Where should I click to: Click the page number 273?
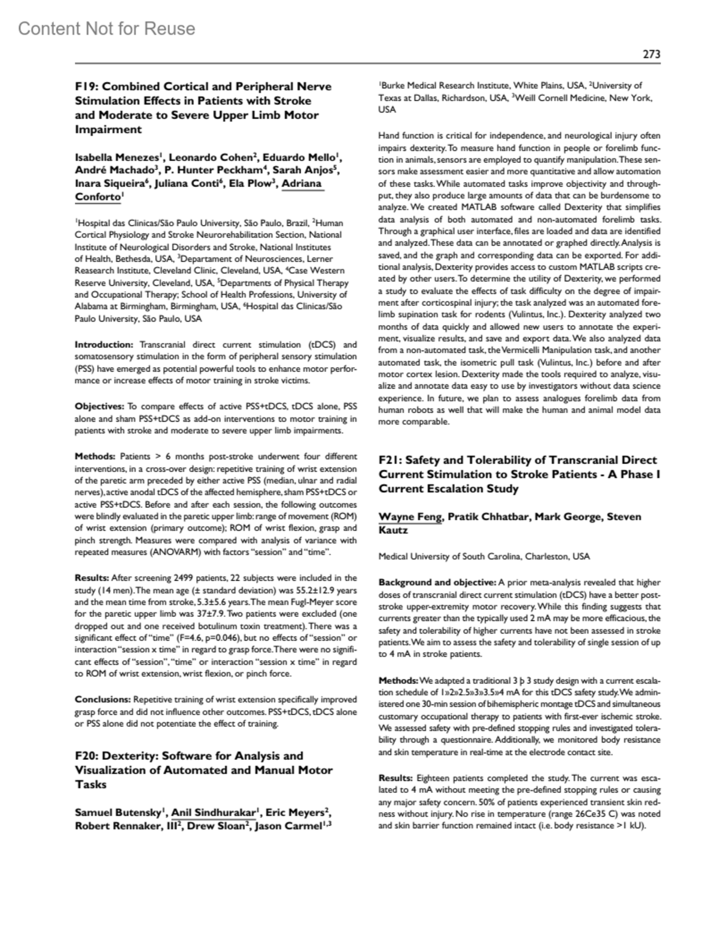click(x=651, y=54)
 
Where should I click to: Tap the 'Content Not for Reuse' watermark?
click(x=107, y=29)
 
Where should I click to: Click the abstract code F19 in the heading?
click(x=86, y=87)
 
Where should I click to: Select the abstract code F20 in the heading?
click(x=87, y=756)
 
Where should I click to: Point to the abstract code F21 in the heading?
click(x=390, y=461)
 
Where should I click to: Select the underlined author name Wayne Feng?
click(x=409, y=517)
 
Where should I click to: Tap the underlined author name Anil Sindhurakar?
click(x=214, y=813)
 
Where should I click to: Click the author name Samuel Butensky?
click(x=118, y=813)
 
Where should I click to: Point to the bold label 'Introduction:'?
click(x=104, y=345)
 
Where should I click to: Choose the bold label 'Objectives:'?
click(x=100, y=407)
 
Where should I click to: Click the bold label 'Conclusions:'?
click(x=102, y=699)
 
